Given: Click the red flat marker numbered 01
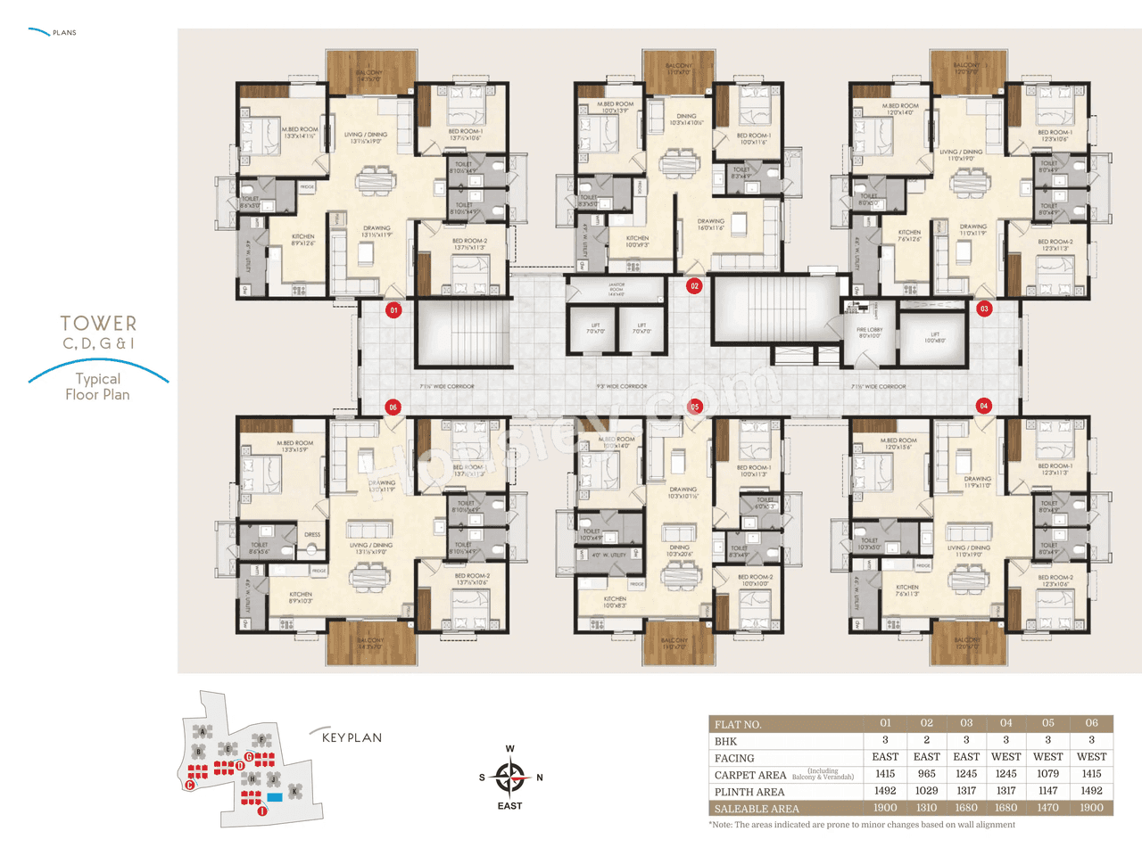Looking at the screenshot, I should coord(393,310).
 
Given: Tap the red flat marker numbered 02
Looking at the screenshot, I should coord(694,286).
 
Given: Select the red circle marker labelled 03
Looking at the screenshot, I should coord(984,309).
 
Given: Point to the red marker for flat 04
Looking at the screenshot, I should coord(983,406).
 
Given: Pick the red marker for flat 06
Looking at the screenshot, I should coord(393,407).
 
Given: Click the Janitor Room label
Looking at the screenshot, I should coord(617,288).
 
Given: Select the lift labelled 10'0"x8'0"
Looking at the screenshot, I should coord(933,337).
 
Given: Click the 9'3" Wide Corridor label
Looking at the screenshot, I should coord(622,387).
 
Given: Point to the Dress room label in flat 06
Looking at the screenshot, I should coord(311,535).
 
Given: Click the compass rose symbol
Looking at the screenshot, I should coord(509,778).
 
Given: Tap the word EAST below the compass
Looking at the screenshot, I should coord(509,806).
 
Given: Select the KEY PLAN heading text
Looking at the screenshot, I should coord(352,737).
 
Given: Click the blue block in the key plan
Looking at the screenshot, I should coord(275,796).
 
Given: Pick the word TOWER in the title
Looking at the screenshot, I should coord(98,324).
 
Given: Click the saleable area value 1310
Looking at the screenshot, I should coord(926,808).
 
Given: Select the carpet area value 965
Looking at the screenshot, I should coord(926,774).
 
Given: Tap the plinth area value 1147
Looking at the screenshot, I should coord(1047,791).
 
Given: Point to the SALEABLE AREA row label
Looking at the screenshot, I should coord(757,809).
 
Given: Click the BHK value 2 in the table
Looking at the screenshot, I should coord(926,740).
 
